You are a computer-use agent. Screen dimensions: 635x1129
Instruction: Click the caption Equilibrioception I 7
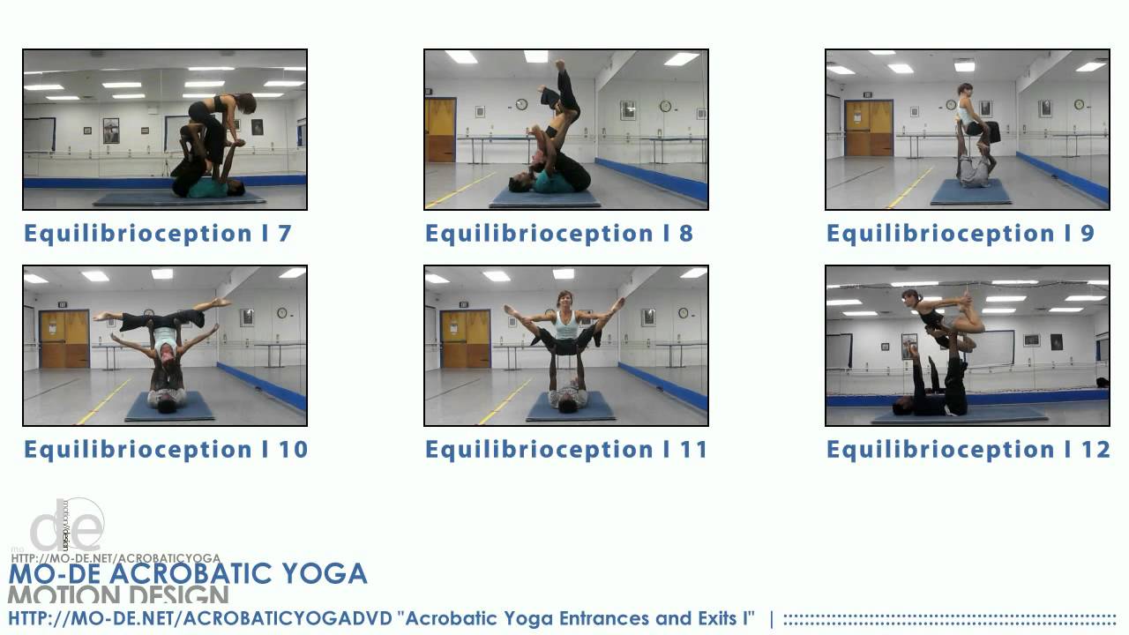[x=157, y=234]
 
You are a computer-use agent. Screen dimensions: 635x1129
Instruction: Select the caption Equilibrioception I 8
[x=558, y=234]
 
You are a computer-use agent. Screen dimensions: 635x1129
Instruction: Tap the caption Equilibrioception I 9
[x=960, y=234]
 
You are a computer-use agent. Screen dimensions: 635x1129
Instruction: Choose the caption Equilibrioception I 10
[x=166, y=450]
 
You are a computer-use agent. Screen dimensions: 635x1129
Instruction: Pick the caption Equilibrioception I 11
[x=566, y=450]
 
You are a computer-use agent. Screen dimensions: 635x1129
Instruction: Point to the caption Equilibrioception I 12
[x=968, y=450]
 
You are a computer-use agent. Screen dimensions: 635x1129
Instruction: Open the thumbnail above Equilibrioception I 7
[x=165, y=129]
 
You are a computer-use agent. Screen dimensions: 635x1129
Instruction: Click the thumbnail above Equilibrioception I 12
[x=968, y=346]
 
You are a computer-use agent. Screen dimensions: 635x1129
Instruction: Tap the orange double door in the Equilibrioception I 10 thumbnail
[x=64, y=340]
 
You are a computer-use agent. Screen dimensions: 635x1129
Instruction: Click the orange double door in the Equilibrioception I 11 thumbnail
[x=466, y=340]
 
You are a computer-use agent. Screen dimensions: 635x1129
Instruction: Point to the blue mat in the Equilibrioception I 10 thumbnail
[x=169, y=407]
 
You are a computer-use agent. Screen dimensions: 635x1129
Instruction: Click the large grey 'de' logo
[x=67, y=527]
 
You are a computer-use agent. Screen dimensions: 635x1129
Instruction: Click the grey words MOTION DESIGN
[x=119, y=596]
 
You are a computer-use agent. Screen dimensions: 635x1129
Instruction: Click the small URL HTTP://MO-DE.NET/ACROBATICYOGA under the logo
[x=116, y=558]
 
